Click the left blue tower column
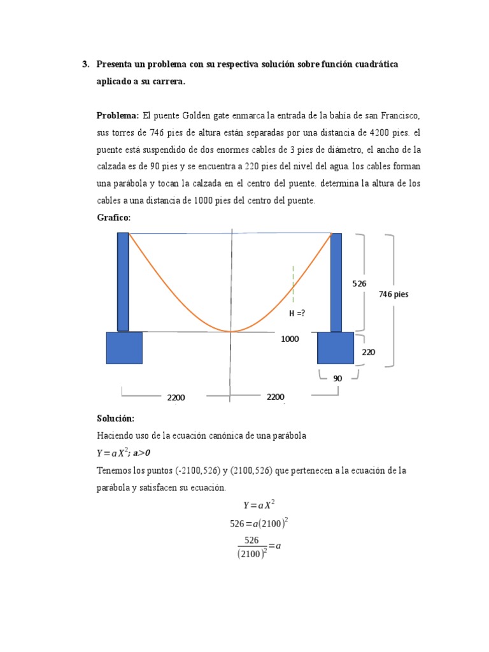[x=123, y=281]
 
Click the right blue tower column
[x=336, y=281]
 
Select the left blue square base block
[x=124, y=348]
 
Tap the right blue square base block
[x=335, y=348]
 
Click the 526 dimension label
[x=359, y=283]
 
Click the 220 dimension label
[x=369, y=351]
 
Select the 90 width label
[x=337, y=378]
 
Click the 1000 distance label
[x=290, y=339]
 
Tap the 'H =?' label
[x=297, y=313]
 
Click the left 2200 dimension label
[x=176, y=397]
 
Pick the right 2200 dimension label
[x=275, y=397]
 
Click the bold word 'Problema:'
[x=118, y=115]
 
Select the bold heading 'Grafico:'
[x=113, y=218]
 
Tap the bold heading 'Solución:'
[x=115, y=418]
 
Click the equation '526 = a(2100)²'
[x=259, y=523]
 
